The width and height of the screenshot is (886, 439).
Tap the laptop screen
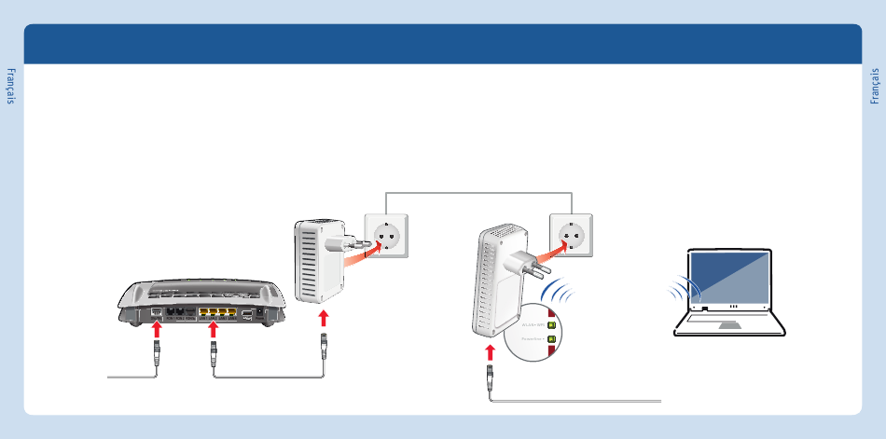[x=730, y=277]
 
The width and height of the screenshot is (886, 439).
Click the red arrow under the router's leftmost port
[x=157, y=329]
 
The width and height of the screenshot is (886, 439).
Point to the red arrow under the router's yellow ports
[x=213, y=329]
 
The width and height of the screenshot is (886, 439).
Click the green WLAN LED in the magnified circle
[x=551, y=324]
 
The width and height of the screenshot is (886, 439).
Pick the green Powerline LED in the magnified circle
[x=551, y=339]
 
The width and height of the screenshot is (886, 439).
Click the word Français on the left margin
[x=11, y=85]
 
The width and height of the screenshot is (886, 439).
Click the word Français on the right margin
[x=875, y=85]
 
